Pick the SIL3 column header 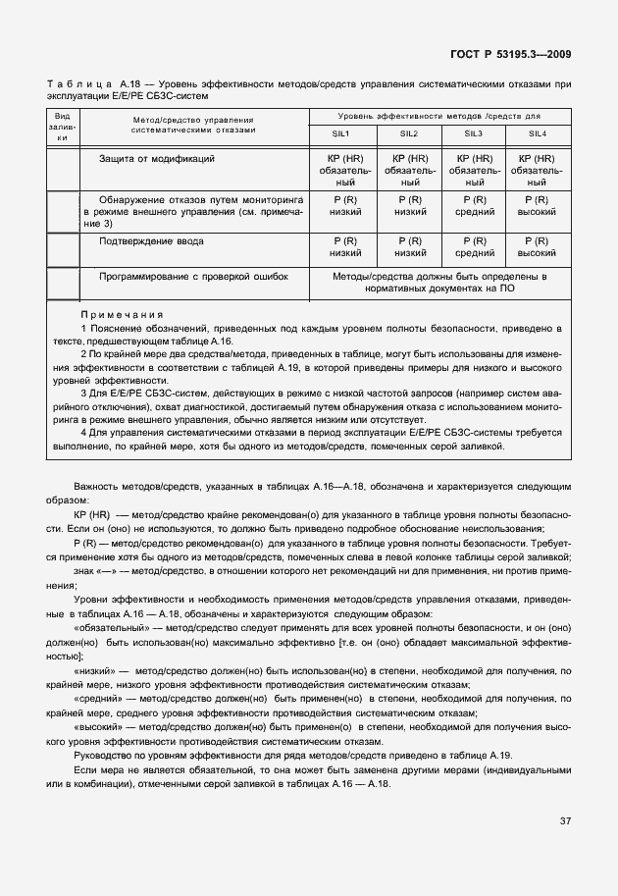pyautogui.click(x=474, y=133)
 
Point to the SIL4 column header pyautogui.click(x=538, y=133)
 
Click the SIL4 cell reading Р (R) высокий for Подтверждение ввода pyautogui.click(x=538, y=246)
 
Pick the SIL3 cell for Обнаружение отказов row pyautogui.click(x=474, y=205)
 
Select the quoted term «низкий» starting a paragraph pyautogui.click(x=95, y=670)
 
